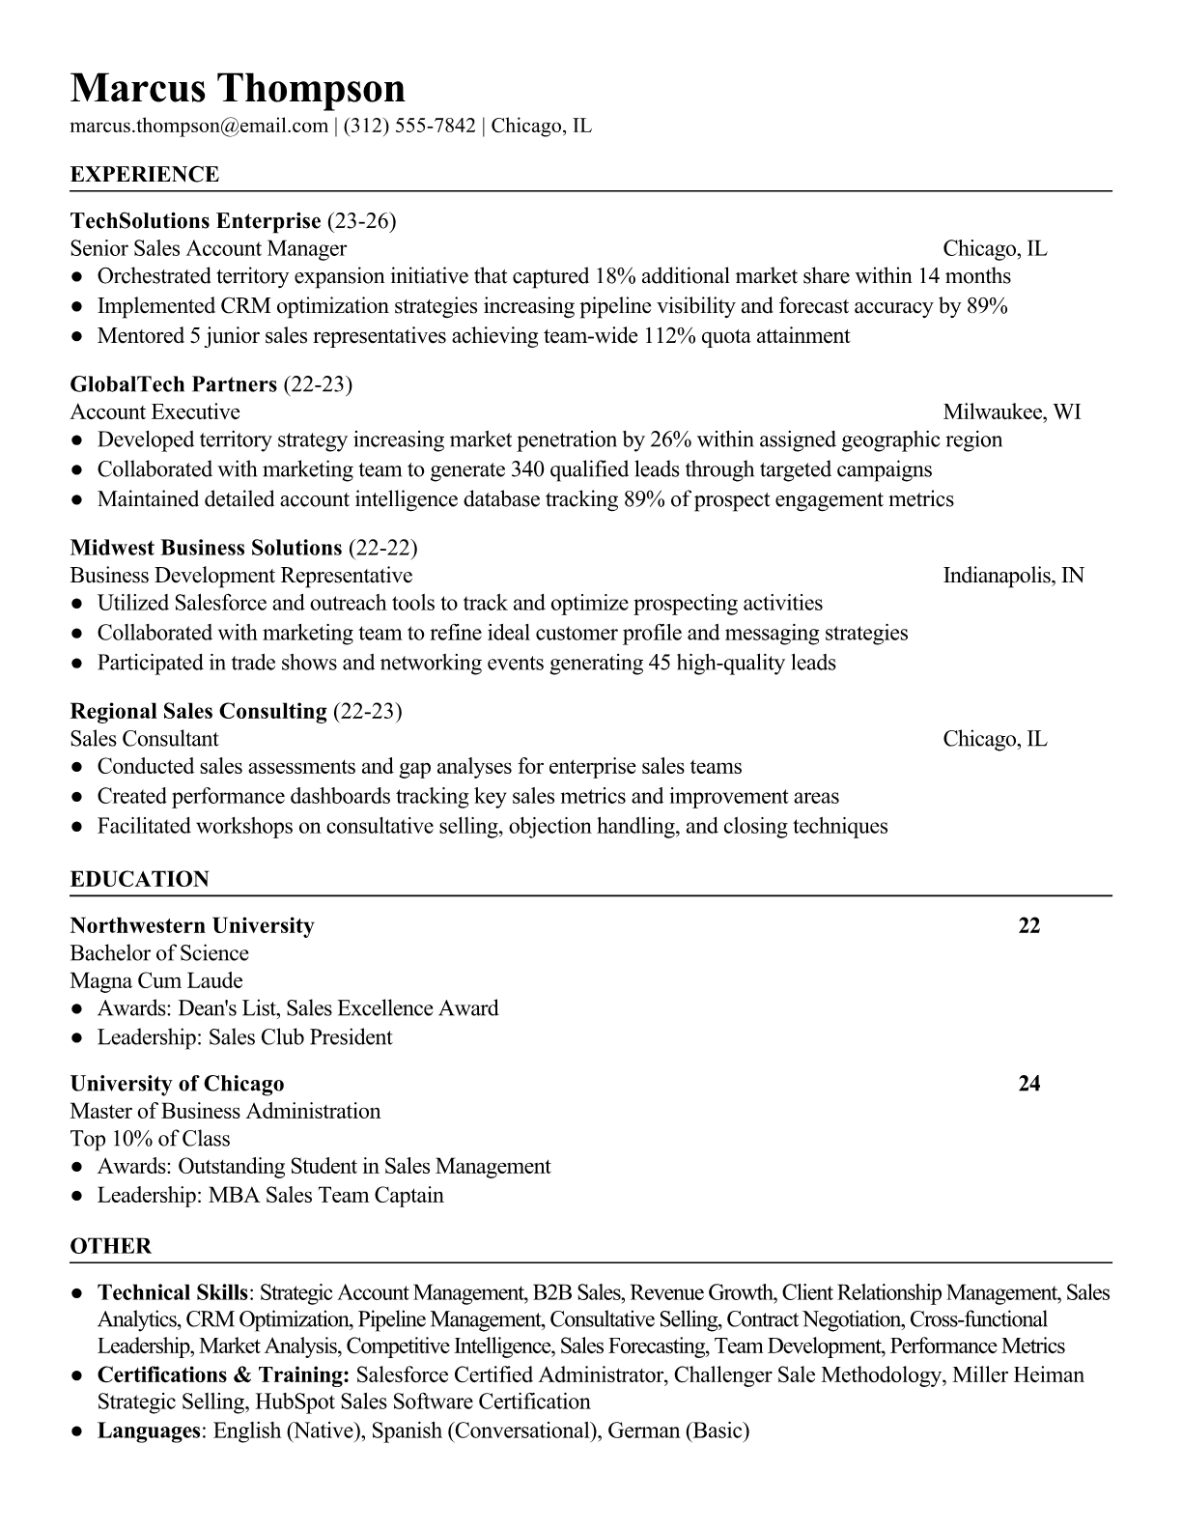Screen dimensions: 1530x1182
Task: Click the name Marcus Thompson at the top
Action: point(238,88)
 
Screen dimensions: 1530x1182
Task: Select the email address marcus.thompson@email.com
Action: point(199,126)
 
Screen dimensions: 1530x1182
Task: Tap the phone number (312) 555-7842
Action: point(408,126)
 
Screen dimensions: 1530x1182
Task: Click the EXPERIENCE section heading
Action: point(145,175)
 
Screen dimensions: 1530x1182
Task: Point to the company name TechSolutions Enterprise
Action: point(195,221)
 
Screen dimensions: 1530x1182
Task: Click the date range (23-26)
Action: point(362,221)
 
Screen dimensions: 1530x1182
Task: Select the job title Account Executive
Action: point(155,412)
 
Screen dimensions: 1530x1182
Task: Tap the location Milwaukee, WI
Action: point(1011,412)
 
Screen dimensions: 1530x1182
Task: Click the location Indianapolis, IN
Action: point(1013,576)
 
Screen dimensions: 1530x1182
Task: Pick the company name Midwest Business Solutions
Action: point(206,549)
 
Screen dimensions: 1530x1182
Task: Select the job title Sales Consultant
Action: point(144,739)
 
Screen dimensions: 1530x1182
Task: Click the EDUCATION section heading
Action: point(139,880)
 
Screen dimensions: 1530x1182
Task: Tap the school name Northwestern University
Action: point(192,926)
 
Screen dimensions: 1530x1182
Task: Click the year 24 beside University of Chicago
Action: point(1028,1084)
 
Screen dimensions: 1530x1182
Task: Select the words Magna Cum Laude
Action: point(156,981)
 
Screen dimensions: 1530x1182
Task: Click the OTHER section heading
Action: point(111,1246)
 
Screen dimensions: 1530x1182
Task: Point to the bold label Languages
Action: point(148,1431)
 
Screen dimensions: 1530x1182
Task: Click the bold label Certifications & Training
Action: point(223,1375)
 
